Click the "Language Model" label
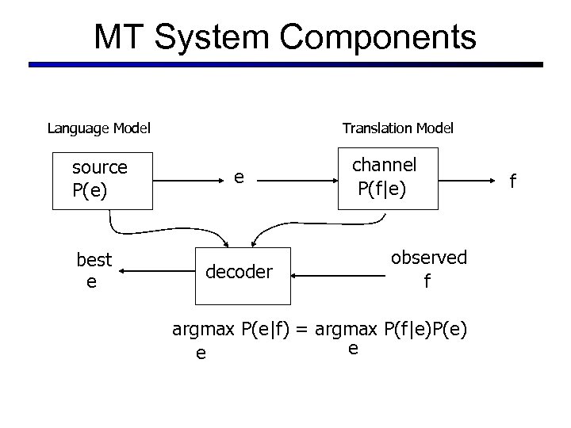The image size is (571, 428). [99, 128]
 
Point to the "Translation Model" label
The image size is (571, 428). [397, 128]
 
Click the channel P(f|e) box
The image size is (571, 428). [387, 178]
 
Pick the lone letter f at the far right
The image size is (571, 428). [512, 182]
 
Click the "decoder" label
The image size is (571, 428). [239, 272]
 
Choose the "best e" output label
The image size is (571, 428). [94, 270]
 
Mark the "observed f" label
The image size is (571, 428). [428, 269]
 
